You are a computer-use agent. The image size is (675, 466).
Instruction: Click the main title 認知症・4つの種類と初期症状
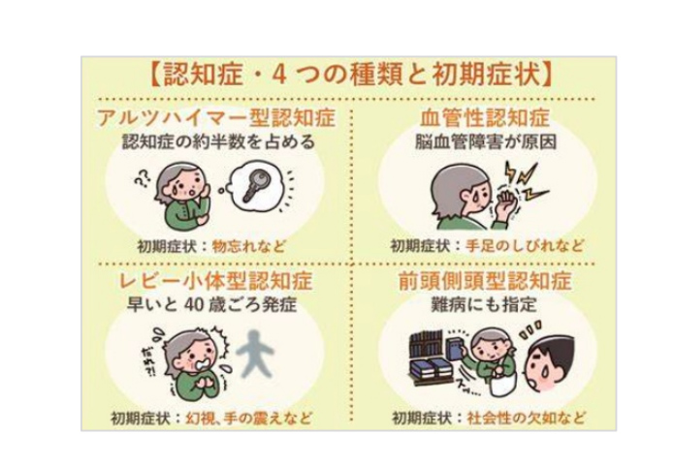tap(352, 76)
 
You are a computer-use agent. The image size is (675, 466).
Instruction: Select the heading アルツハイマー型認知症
tap(215, 118)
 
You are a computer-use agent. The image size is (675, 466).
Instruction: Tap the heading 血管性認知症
tap(485, 118)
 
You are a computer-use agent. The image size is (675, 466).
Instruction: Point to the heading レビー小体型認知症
tap(215, 281)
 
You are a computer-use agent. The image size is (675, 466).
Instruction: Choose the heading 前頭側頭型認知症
tap(485, 281)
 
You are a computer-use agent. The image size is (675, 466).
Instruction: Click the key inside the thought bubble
tap(256, 185)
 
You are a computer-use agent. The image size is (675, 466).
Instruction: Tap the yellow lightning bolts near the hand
tap(526, 181)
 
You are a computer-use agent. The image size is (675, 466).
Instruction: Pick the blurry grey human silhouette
tap(255, 354)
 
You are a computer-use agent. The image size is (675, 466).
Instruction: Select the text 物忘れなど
tap(249, 246)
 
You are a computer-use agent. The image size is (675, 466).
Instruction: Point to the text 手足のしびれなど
tap(525, 246)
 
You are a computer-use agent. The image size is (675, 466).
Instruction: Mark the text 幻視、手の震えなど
tap(248, 418)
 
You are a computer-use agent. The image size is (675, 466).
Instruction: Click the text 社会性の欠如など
tap(527, 418)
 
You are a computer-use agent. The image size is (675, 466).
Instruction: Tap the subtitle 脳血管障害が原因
tap(486, 141)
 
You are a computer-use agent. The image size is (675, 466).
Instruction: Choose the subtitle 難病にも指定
tap(484, 304)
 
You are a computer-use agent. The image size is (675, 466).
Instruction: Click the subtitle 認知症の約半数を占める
tap(218, 141)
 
